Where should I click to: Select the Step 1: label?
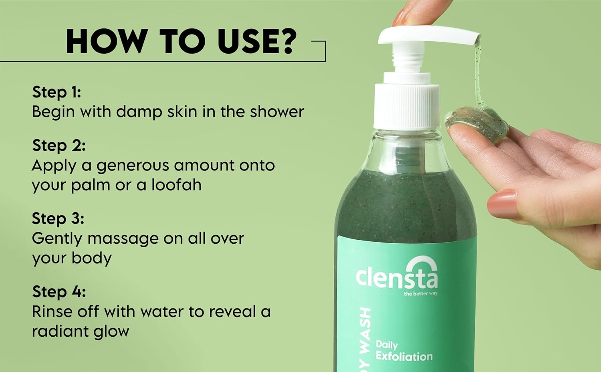tap(56, 92)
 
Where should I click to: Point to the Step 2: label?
tap(58, 145)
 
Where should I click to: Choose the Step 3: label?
tap(58, 218)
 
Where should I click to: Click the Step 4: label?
tap(58, 291)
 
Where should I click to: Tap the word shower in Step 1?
tap(277, 112)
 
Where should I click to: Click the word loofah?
tap(176, 185)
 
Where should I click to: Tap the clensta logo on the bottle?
tap(397, 275)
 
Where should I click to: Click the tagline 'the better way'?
tap(420, 294)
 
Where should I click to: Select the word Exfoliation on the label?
tap(404, 356)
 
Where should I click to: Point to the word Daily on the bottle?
tap(387, 345)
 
